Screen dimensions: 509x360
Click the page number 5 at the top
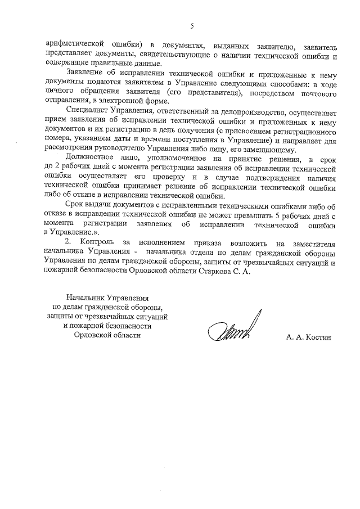192,26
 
